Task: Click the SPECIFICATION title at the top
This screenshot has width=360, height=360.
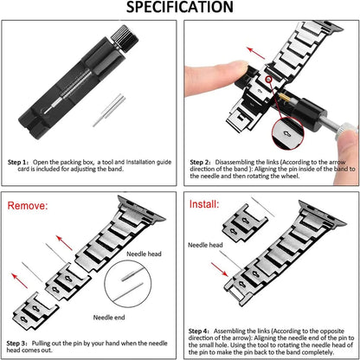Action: (x=180, y=9)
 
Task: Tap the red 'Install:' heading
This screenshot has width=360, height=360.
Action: (x=208, y=205)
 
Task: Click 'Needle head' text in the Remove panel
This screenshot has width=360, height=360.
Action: (x=145, y=253)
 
